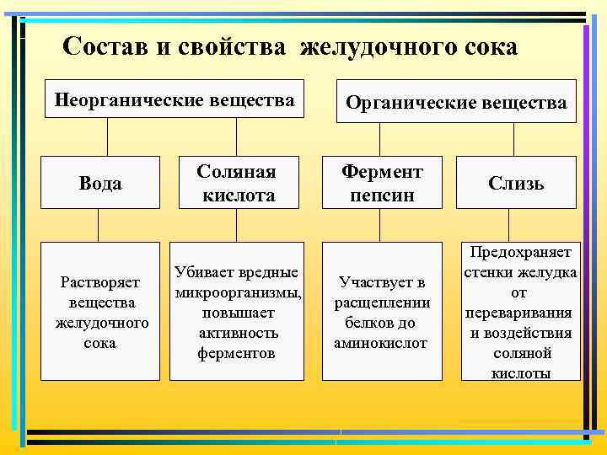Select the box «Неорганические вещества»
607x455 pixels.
[x=175, y=101]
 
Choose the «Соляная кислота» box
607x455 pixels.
[x=237, y=183]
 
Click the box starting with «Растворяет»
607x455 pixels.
[x=102, y=311]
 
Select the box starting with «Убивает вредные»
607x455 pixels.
[x=237, y=311]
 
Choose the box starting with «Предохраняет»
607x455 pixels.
[x=520, y=311]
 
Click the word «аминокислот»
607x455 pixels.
[x=381, y=344]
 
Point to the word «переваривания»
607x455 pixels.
[x=518, y=313]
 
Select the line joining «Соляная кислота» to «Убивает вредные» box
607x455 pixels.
[x=236, y=226]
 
